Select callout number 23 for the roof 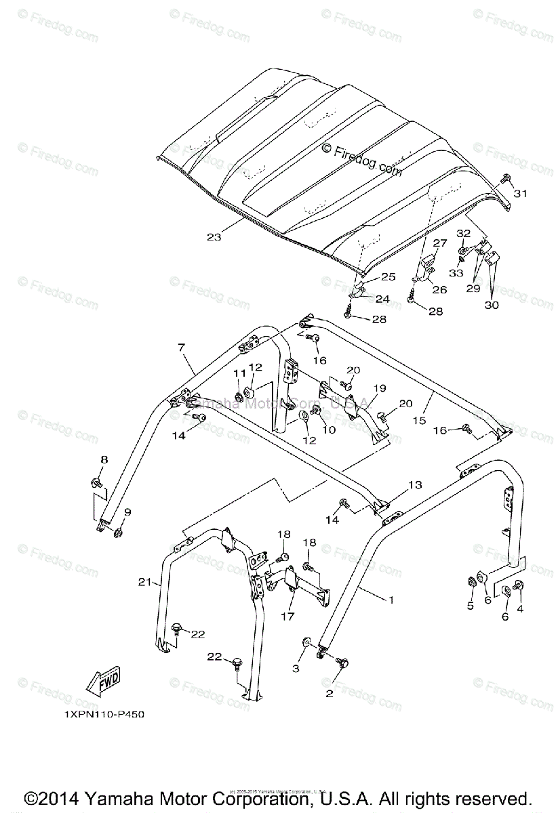(x=214, y=237)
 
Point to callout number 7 (x=181, y=348)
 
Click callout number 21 (x=143, y=582)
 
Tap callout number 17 (x=288, y=617)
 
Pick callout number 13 (x=415, y=484)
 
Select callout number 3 (x=296, y=669)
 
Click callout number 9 (x=127, y=512)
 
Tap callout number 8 (x=104, y=460)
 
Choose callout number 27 (x=440, y=243)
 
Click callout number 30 (x=492, y=306)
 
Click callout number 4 (x=520, y=607)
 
